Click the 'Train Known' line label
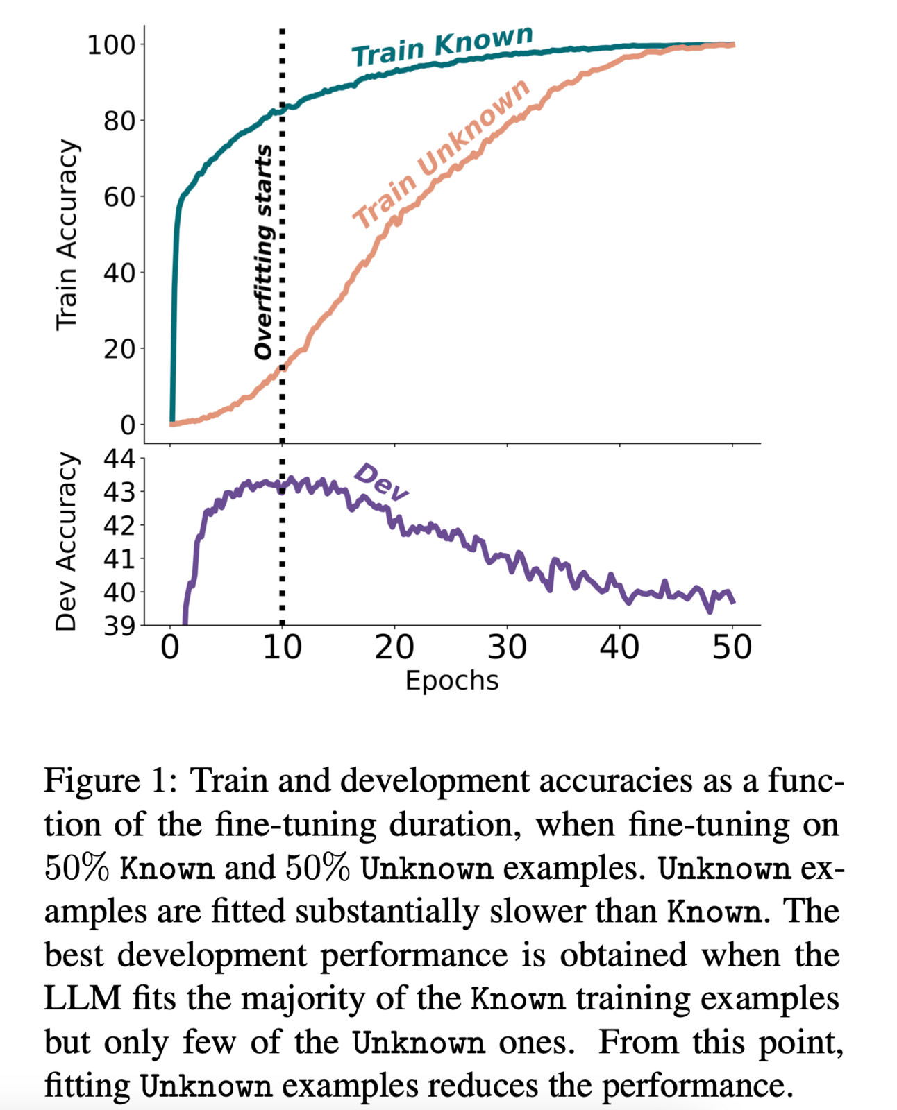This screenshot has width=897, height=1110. pos(442,46)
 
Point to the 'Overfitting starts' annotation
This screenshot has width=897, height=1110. pos(263,253)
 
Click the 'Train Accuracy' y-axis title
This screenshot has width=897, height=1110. pos(67,234)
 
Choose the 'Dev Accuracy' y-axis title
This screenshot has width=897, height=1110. pos(66,541)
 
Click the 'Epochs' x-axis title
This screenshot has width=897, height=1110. pos(452,681)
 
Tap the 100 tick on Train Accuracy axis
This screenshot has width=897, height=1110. pos(111,45)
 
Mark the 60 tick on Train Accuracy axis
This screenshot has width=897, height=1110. pos(119,197)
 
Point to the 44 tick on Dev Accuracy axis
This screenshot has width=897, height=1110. pos(119,459)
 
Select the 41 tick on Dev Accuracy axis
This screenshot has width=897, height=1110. pos(119,558)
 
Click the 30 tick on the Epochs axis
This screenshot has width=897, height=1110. pos(507,647)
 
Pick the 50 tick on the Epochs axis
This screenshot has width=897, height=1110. pos(732,647)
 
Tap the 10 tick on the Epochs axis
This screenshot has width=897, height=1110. pos(282,647)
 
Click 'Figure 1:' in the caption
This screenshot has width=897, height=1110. pos(112,781)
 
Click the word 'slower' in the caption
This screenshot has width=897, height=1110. pos(537,912)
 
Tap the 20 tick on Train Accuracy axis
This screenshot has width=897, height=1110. pos(119,349)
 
